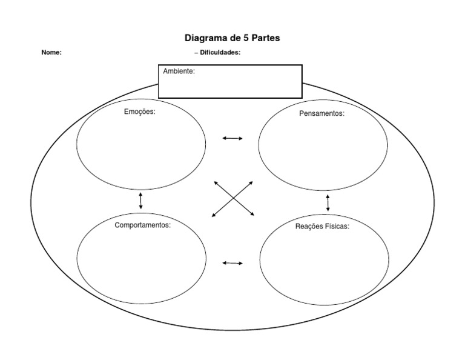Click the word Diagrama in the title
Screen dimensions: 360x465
point(206,38)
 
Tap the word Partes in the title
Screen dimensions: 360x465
point(265,38)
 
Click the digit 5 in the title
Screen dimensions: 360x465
point(245,38)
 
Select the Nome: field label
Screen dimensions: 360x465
point(51,53)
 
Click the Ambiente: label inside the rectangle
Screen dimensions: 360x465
point(179,72)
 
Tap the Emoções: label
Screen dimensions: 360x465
point(139,112)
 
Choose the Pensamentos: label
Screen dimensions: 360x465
point(322,113)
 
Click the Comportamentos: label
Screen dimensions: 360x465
point(142,224)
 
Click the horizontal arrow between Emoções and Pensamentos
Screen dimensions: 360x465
point(232,138)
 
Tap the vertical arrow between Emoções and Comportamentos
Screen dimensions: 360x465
point(140,200)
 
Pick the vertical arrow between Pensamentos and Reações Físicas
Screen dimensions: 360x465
point(328,202)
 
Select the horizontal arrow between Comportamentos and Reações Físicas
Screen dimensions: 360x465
point(232,263)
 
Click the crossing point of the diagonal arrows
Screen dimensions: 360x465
point(233,198)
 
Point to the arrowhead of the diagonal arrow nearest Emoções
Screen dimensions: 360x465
point(215,182)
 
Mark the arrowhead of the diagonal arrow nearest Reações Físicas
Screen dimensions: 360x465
point(252,215)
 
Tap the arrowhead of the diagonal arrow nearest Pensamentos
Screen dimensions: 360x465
point(251,182)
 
